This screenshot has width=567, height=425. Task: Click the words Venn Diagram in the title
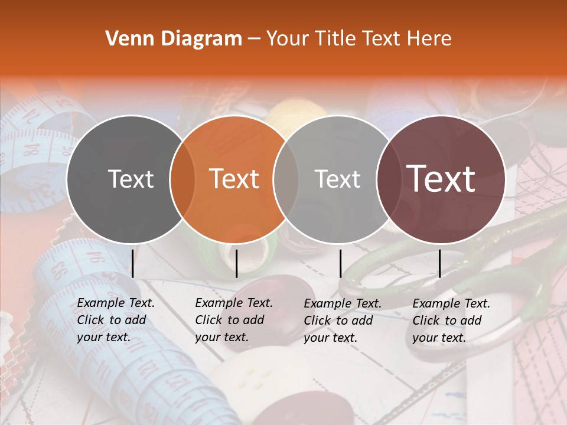pos(174,39)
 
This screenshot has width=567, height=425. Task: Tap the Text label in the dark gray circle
pos(131,179)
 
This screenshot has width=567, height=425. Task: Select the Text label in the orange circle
pos(234,179)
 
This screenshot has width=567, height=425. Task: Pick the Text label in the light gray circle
pos(338,179)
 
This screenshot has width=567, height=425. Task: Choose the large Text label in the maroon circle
pos(441,179)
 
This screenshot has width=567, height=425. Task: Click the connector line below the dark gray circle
pos(132,263)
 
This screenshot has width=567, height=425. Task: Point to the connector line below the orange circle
pos(236,263)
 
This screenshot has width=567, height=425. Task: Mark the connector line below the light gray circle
pos(340,263)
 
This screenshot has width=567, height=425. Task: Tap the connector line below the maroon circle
pos(439,263)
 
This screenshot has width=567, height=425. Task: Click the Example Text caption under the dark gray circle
pos(116,320)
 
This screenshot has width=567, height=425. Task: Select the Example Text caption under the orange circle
pos(234,320)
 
